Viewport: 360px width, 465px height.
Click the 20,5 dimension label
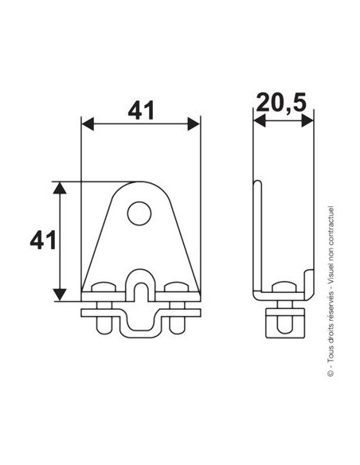pos(281,102)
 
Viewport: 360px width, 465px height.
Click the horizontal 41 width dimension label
pos(141,110)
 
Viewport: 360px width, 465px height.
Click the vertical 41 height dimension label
pos(43,240)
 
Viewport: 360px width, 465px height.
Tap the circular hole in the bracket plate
pos(139,213)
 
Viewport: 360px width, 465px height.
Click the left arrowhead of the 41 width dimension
pos(88,123)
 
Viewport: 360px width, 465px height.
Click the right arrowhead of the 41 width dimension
pos(194,123)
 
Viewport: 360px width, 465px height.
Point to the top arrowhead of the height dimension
pos(60,188)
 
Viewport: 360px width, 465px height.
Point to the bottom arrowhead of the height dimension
pos(60,295)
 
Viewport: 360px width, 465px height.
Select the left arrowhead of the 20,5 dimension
pos(260,121)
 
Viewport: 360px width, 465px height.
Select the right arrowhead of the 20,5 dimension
pos(307,121)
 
